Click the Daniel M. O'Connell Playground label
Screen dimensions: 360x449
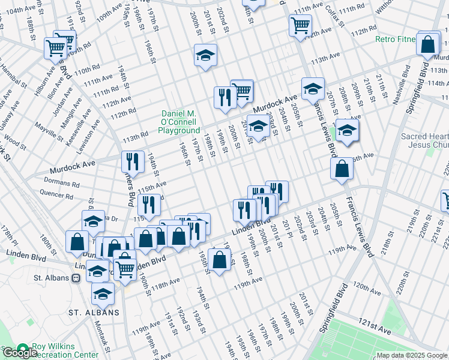[180, 122]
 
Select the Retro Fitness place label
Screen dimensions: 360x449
[396, 40]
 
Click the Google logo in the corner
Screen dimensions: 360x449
[19, 353]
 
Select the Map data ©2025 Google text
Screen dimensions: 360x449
[411, 355]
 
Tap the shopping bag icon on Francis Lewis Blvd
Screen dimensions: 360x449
[342, 169]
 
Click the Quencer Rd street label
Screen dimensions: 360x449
[56, 193]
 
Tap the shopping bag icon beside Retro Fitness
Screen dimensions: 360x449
[427, 43]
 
